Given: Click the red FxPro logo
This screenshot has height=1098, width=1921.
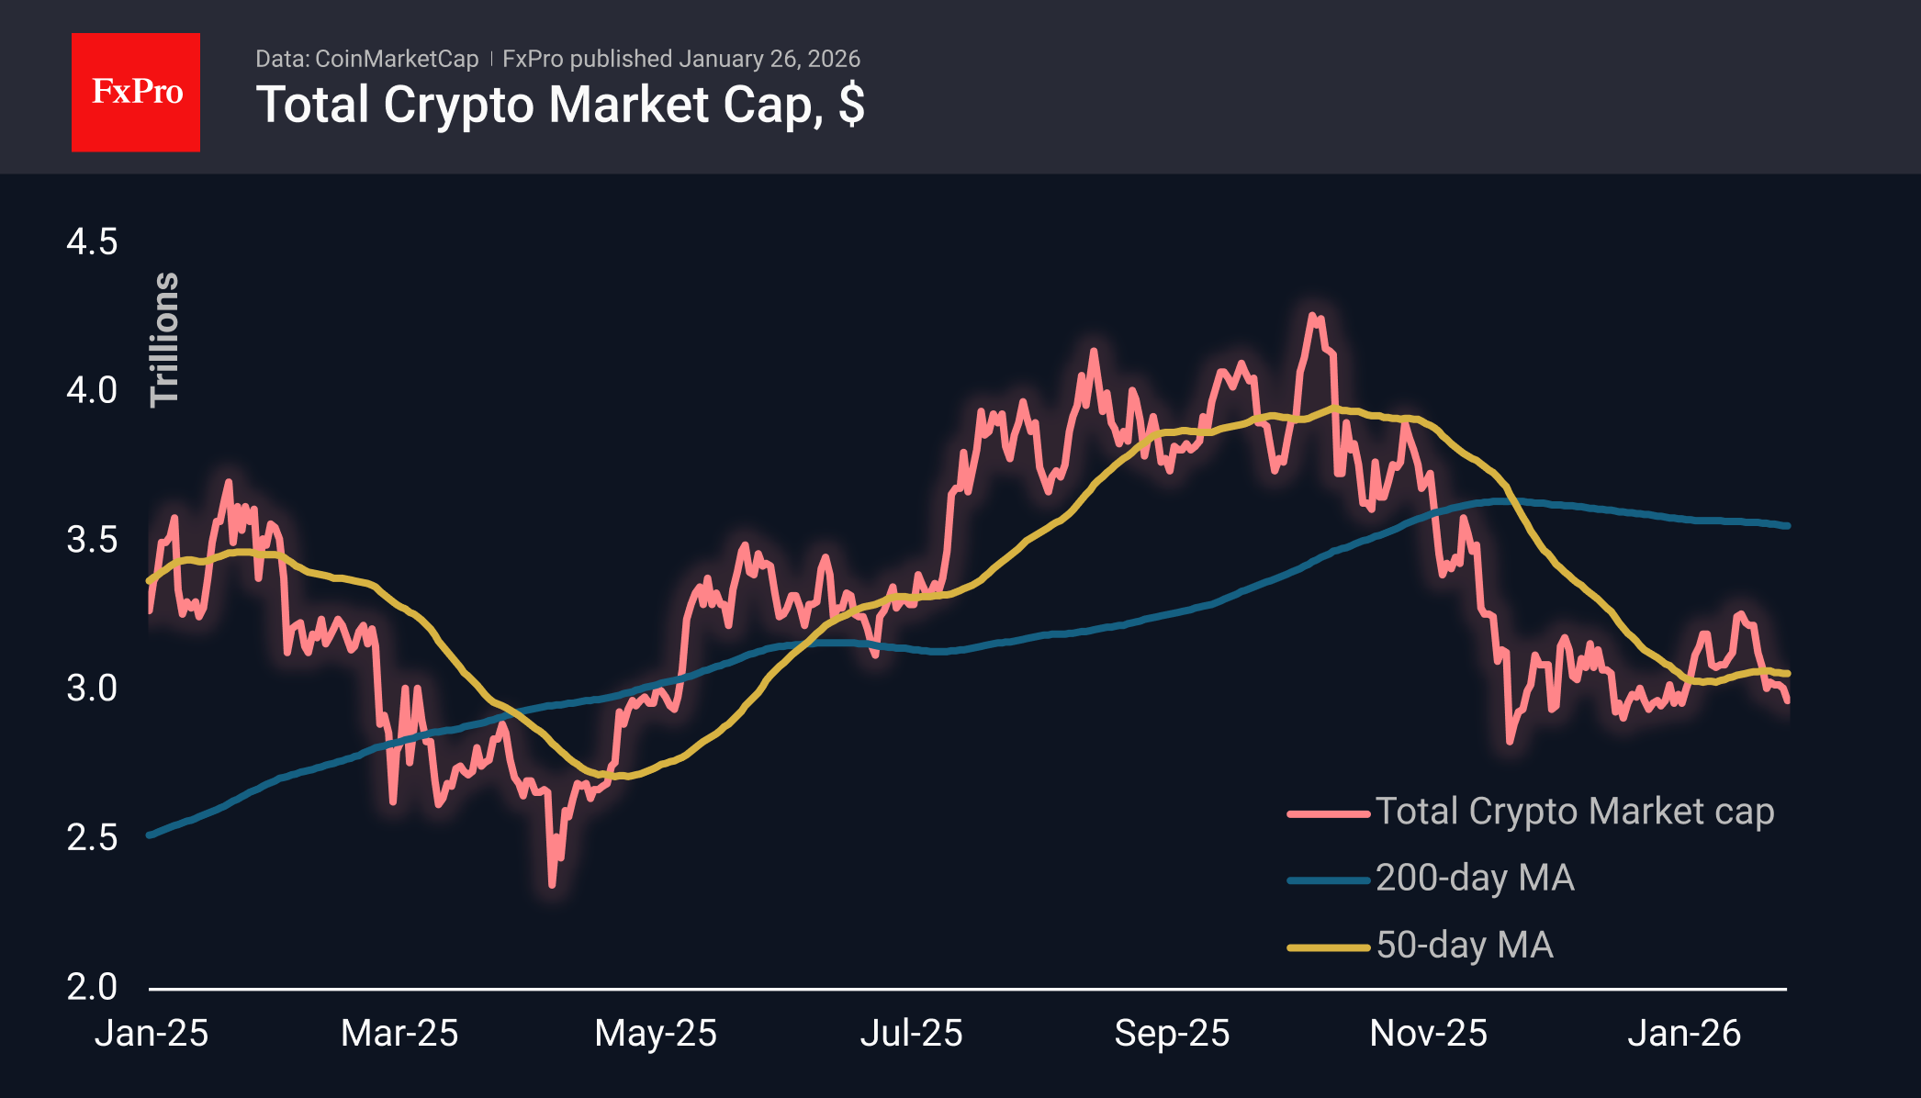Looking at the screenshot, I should point(136,92).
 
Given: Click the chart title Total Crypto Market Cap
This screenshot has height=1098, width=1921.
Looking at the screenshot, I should point(560,105).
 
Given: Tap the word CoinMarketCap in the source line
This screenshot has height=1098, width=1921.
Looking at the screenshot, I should point(396,59).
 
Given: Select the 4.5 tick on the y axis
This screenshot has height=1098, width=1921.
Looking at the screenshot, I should point(92,242).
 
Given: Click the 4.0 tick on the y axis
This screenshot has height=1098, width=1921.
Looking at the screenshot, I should point(92,391).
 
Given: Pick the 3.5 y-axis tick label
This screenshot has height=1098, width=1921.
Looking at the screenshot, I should point(92,540).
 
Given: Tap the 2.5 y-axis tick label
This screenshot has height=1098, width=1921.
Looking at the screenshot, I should point(92,837).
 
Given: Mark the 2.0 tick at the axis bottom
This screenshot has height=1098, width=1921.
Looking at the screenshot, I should point(92,987).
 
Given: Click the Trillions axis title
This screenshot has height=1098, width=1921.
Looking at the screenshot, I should point(164,340).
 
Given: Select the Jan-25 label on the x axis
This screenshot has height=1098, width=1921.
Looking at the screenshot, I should point(152,1034).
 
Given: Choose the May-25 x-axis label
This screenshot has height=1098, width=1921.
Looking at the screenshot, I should point(655,1034).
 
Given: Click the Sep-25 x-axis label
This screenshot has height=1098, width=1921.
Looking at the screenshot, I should point(1172,1034).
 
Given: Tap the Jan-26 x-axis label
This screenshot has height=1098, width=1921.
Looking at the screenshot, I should point(1683,1034).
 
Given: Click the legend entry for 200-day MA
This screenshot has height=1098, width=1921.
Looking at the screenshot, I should point(1474,879).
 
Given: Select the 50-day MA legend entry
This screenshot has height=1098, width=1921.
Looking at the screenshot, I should point(1464,946).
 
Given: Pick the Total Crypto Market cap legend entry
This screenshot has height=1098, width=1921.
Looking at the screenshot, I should point(1574,812).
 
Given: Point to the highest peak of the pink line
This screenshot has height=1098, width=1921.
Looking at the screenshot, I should point(1312,316).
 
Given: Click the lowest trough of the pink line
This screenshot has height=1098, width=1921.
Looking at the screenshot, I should point(552,885).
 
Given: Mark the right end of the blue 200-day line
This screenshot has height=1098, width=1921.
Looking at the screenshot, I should point(1787,526).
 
